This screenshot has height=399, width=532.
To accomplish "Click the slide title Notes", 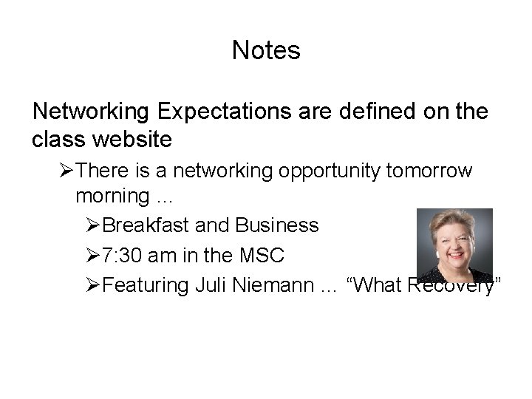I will point(266,51).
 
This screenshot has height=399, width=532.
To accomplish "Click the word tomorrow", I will point(429,171).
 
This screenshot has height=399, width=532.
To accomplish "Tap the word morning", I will point(112,197).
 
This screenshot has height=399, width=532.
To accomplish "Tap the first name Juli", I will point(213,286).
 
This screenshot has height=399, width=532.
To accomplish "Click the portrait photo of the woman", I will point(454,245).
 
